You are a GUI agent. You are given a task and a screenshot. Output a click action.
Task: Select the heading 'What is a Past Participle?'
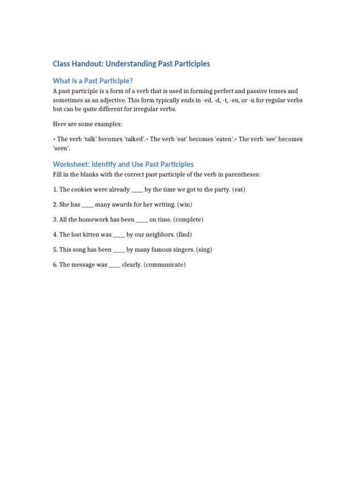coord(96,81)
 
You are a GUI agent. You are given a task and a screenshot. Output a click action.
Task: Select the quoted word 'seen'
coord(61,148)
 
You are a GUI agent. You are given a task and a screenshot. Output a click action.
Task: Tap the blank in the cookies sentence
coord(137,190)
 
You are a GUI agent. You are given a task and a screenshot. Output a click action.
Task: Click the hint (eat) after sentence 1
coord(237,190)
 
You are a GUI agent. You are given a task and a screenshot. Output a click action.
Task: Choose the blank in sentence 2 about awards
coord(88,205)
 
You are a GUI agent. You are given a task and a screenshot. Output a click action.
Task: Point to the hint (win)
coord(185,205)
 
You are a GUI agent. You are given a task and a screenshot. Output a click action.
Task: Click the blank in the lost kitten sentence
coord(119,235)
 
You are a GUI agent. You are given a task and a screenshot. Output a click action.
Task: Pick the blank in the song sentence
coord(119,250)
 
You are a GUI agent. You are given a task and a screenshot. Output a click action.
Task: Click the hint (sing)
coord(204,250)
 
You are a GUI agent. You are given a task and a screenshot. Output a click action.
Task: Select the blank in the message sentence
coord(114,265)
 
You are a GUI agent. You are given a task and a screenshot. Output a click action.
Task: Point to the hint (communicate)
coord(165,265)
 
